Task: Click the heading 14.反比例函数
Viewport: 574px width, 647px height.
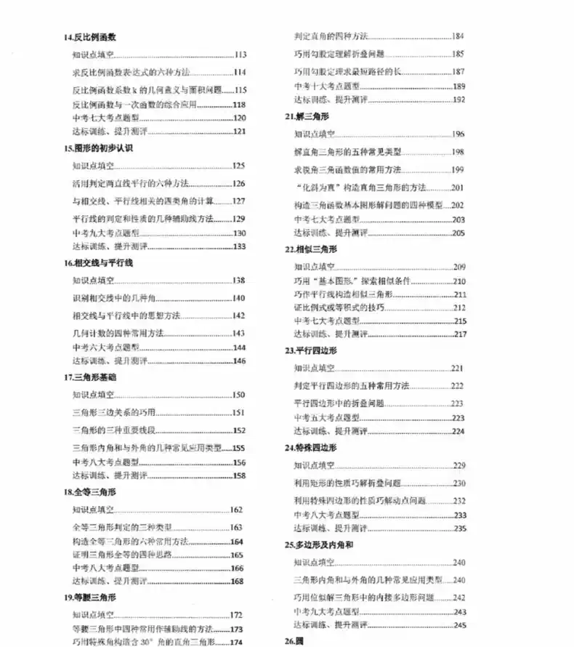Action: tap(91, 36)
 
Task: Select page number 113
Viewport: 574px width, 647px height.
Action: tap(240, 55)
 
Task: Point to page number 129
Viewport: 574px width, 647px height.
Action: tap(239, 218)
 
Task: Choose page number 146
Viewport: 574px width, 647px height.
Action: tap(239, 361)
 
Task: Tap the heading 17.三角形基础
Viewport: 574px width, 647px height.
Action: tap(91, 377)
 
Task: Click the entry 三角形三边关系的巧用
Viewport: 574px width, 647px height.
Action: tap(121, 413)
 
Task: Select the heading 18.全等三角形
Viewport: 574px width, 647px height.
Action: tap(91, 491)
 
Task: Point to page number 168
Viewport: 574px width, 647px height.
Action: tap(237, 581)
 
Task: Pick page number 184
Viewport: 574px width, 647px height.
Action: tap(458, 36)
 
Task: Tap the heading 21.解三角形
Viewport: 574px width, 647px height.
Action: tap(304, 116)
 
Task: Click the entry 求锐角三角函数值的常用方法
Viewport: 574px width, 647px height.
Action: tap(348, 169)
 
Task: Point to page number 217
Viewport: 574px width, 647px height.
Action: tap(459, 334)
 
